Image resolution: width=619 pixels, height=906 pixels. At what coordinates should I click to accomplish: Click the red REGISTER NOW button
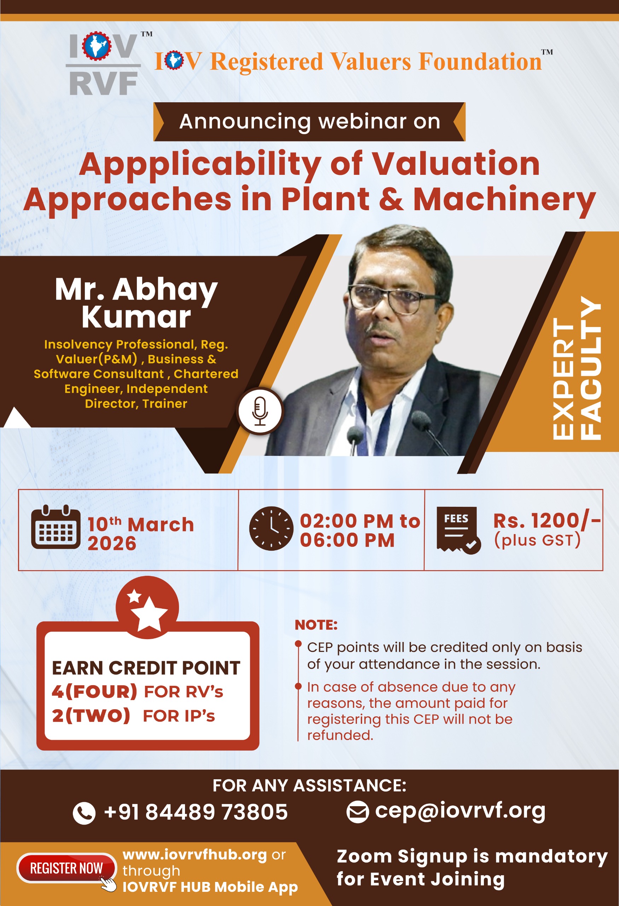(66, 868)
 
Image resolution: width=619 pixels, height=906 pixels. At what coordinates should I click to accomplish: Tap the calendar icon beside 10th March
(56, 527)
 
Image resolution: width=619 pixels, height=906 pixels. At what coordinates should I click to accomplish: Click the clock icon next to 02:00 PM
(271, 528)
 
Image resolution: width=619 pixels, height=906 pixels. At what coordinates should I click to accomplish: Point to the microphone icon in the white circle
(260, 411)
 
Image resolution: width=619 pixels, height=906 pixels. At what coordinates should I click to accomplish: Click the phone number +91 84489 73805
(196, 812)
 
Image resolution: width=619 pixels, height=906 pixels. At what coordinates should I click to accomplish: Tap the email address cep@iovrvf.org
(460, 811)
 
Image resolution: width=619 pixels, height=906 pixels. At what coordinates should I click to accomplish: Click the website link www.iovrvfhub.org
(195, 855)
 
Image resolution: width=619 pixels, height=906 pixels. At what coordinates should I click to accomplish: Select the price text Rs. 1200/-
(547, 521)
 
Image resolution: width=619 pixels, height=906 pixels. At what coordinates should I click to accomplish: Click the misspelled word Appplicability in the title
(200, 165)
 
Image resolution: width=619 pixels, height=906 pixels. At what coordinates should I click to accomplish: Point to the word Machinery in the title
(504, 200)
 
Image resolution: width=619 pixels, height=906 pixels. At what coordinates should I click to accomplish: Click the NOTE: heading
(316, 625)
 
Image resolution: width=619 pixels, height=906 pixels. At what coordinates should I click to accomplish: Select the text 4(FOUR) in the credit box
(94, 692)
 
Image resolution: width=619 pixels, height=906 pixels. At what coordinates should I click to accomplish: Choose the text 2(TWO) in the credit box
(91, 716)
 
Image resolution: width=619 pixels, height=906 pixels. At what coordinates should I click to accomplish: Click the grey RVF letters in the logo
(104, 84)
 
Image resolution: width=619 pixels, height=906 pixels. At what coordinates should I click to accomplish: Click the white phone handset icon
(84, 813)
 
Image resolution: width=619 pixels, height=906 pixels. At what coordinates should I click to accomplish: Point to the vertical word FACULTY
(591, 368)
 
